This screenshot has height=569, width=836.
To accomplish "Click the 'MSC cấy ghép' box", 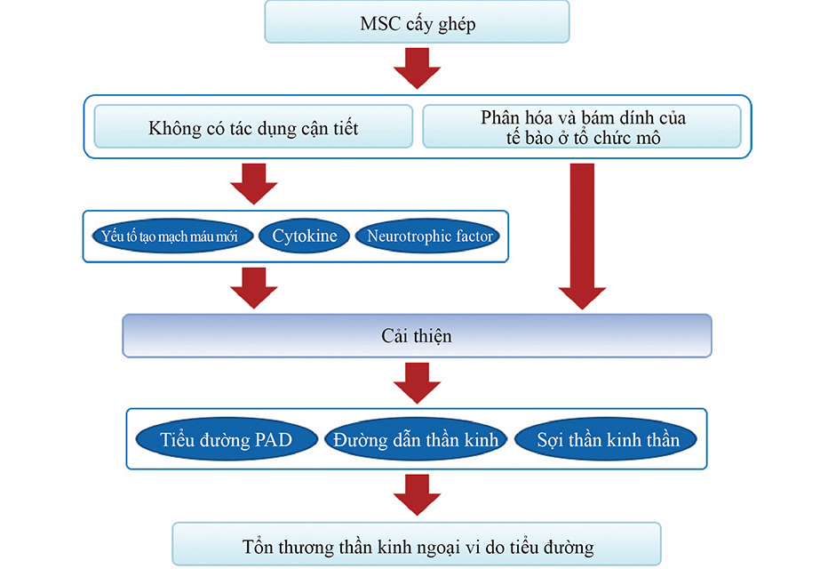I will click(x=417, y=22).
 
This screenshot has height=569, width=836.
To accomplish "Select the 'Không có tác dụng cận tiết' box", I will click(x=253, y=127).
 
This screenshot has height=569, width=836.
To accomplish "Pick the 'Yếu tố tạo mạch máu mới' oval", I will click(x=170, y=236).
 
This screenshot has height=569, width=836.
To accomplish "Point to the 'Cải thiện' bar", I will click(x=417, y=336).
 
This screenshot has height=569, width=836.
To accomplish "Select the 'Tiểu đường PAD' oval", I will click(x=226, y=439).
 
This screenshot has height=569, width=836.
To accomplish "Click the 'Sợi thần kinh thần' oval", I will click(x=607, y=439).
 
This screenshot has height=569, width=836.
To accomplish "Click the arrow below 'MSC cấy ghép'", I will click(x=417, y=68).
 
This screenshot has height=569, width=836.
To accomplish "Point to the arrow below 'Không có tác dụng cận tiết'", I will click(x=253, y=183).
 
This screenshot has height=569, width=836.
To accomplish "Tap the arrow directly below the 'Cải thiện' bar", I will click(x=417, y=383).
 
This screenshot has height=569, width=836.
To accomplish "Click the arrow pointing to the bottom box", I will click(x=417, y=494).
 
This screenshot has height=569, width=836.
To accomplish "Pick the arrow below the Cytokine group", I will click(x=253, y=287).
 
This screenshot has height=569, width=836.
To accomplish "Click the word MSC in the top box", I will click(x=380, y=23).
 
